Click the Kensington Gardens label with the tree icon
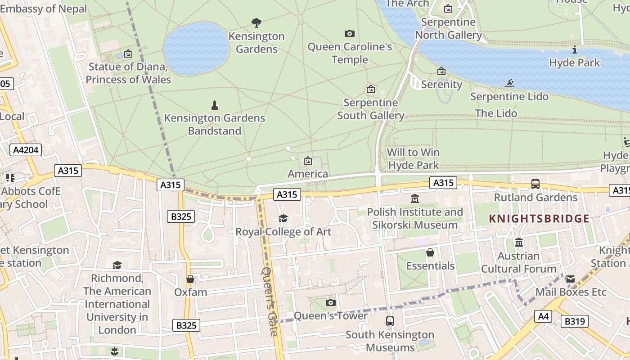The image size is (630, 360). click(x=256, y=42)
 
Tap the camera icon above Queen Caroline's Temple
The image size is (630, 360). click(x=349, y=33)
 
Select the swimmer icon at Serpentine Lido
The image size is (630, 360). click(x=509, y=83)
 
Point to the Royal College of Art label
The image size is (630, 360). click(x=283, y=232)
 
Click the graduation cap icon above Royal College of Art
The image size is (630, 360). click(x=283, y=218)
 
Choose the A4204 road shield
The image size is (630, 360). click(x=26, y=150)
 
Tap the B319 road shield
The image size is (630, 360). click(x=575, y=321)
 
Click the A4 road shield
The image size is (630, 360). click(x=544, y=316)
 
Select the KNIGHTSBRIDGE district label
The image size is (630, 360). click(x=539, y=219)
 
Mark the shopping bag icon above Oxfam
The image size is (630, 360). click(x=190, y=279)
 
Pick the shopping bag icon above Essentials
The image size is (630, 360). click(x=430, y=252)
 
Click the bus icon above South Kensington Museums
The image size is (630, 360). click(x=390, y=321)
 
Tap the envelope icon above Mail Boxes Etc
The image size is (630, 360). click(x=570, y=279)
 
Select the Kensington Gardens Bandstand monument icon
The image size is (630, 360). click(x=215, y=105)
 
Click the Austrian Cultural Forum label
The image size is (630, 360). click(x=518, y=262)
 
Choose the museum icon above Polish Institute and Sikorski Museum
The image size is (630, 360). click(x=415, y=198)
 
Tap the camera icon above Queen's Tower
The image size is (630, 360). click(x=331, y=302)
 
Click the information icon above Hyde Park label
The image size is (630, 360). click(x=574, y=49)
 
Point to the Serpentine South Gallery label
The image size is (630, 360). click(x=371, y=109)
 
